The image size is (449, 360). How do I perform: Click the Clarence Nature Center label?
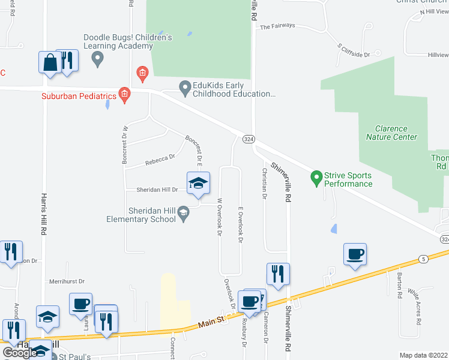[391, 133]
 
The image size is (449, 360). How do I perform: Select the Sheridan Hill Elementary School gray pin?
[185, 211]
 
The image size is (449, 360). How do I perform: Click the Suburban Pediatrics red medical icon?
[124, 94]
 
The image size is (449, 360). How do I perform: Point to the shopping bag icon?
[49, 62]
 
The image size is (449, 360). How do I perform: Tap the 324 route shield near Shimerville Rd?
[249, 139]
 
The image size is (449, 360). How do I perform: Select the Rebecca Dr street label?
[160, 160]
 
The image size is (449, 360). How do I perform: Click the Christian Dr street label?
[264, 183]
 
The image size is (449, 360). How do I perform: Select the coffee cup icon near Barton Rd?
[355, 254]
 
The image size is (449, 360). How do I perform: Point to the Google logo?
[20, 353]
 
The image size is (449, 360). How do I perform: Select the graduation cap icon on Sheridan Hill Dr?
[198, 182]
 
